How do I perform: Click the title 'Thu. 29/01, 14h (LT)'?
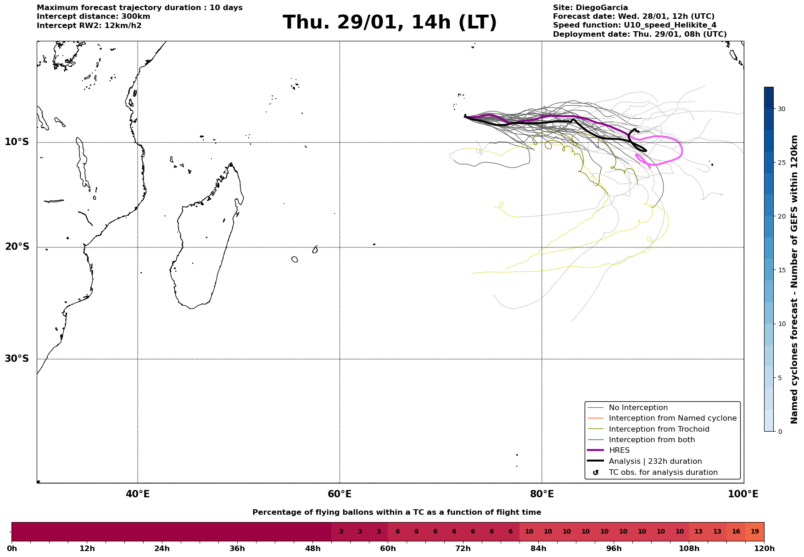[x=390, y=23]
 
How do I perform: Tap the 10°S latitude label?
[x=17, y=142]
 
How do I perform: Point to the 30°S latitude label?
[x=17, y=359]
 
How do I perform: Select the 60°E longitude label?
[x=340, y=495]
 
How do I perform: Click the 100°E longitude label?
[x=743, y=495]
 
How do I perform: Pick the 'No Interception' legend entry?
[x=638, y=408]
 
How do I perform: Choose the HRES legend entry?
[x=619, y=450]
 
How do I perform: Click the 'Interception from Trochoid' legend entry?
[x=659, y=429]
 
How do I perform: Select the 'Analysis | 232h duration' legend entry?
[x=655, y=461]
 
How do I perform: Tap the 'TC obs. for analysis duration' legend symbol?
[x=596, y=473]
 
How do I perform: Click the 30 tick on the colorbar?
[x=782, y=109]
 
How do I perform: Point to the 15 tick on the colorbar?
[x=782, y=270]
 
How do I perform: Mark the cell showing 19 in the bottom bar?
[x=754, y=532]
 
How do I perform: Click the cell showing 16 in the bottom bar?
[x=736, y=532]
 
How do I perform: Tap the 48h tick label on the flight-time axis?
[x=313, y=549]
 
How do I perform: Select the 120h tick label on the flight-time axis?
[x=764, y=549]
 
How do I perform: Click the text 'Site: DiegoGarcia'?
[x=590, y=8]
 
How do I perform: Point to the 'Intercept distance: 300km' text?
[x=93, y=17]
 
